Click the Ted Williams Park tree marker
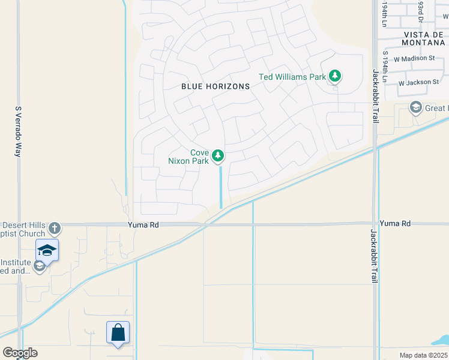click(x=335, y=76)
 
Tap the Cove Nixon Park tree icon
click(x=218, y=157)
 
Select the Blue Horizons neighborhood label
click(x=215, y=86)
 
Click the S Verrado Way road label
click(x=18, y=132)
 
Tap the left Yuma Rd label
click(x=143, y=224)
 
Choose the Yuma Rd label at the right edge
click(x=395, y=223)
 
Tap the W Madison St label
click(x=414, y=58)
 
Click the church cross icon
click(x=55, y=227)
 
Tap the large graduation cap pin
click(x=47, y=249)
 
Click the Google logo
click(x=20, y=353)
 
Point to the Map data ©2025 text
click(x=423, y=355)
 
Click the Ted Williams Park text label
click(x=292, y=77)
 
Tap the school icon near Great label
click(x=415, y=108)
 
